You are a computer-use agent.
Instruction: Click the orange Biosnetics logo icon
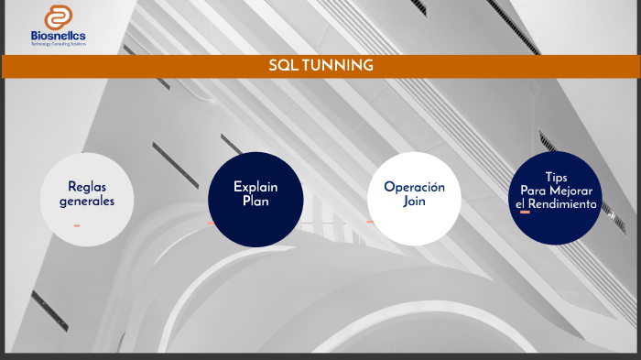pyautogui.click(x=59, y=18)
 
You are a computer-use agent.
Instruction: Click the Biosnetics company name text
pyautogui.click(x=59, y=36)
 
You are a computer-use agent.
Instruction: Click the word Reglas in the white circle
pyautogui.click(x=87, y=187)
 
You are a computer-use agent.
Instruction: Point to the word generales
pyautogui.click(x=87, y=201)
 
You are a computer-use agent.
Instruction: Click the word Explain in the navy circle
pyautogui.click(x=255, y=186)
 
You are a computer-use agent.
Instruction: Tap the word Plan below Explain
pyautogui.click(x=255, y=201)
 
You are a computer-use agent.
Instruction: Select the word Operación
pyautogui.click(x=414, y=187)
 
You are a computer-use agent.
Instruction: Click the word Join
pyautogui.click(x=414, y=202)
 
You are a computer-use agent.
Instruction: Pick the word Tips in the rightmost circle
pyautogui.click(x=557, y=176)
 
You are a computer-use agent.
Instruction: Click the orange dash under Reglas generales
pyautogui.click(x=77, y=225)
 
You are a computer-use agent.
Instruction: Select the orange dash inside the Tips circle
pyautogui.click(x=525, y=213)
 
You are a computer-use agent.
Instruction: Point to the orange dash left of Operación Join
pyautogui.click(x=370, y=222)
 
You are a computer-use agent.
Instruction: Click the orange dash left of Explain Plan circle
pyautogui.click(x=211, y=223)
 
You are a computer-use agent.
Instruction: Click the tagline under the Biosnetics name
pyautogui.click(x=59, y=44)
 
